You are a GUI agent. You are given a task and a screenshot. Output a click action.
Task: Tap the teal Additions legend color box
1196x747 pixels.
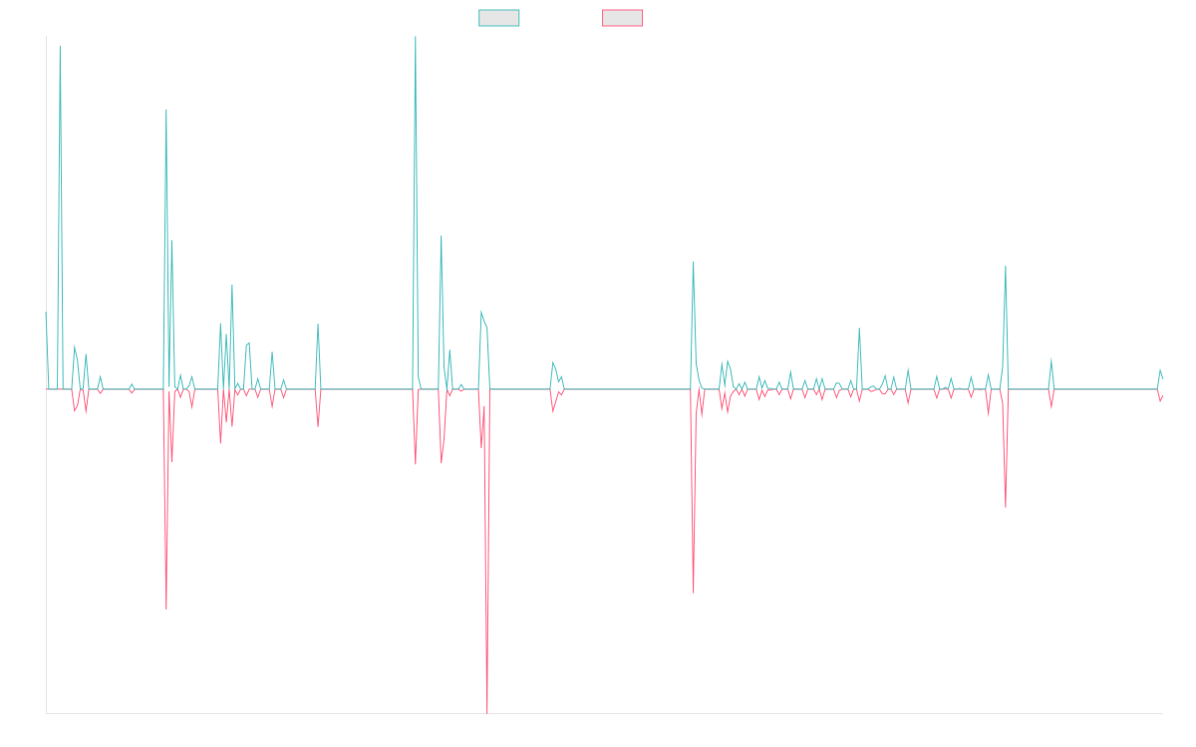click(499, 18)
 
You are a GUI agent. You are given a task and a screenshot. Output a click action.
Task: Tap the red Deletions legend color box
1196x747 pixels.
click(623, 18)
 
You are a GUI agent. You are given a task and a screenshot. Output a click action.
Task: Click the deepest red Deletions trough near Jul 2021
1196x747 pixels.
click(487, 712)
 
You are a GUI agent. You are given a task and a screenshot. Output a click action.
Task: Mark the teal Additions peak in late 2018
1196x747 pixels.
click(60, 47)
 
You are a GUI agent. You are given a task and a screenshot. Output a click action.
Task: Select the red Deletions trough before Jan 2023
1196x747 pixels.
click(694, 593)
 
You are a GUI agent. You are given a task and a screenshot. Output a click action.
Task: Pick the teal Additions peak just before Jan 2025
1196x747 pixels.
click(1006, 266)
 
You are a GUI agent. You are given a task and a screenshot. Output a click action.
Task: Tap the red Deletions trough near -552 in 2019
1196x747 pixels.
click(166, 608)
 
